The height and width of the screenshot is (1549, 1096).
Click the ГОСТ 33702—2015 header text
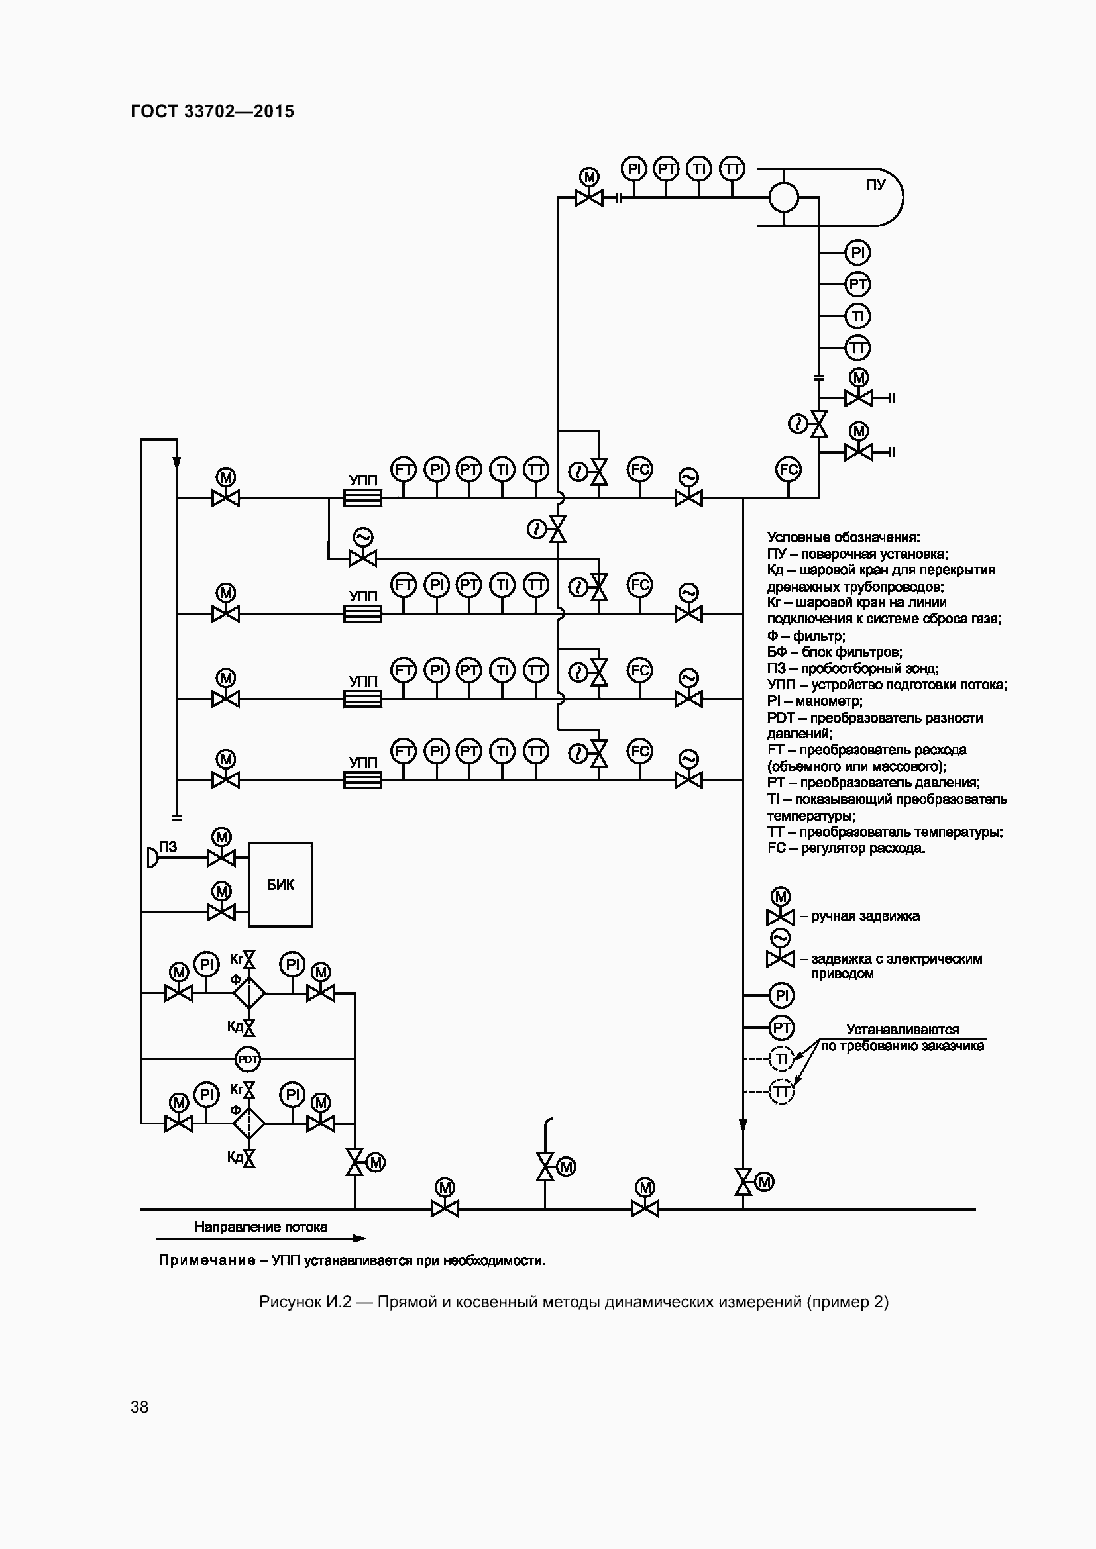click(213, 111)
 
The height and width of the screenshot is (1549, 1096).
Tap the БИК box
click(280, 885)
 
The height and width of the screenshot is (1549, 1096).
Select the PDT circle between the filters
click(248, 1059)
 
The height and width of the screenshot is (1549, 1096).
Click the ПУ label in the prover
click(875, 184)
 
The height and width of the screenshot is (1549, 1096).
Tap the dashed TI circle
click(781, 1059)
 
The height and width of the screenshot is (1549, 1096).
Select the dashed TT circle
click(781, 1091)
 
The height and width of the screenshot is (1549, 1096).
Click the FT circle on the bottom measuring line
click(404, 751)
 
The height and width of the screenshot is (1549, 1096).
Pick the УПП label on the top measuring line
click(363, 480)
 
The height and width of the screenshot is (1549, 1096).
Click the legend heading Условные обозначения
click(844, 538)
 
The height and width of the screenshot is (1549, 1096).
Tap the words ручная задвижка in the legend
click(865, 916)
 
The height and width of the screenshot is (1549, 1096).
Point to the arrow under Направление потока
click(260, 1238)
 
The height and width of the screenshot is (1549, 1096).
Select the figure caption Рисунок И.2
click(574, 1302)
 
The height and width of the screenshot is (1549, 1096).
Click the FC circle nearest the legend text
click(789, 470)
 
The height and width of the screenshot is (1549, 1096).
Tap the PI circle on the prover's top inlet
click(633, 169)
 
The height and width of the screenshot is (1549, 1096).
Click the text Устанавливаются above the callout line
click(903, 1030)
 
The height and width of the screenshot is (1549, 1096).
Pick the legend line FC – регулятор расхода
click(846, 848)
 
